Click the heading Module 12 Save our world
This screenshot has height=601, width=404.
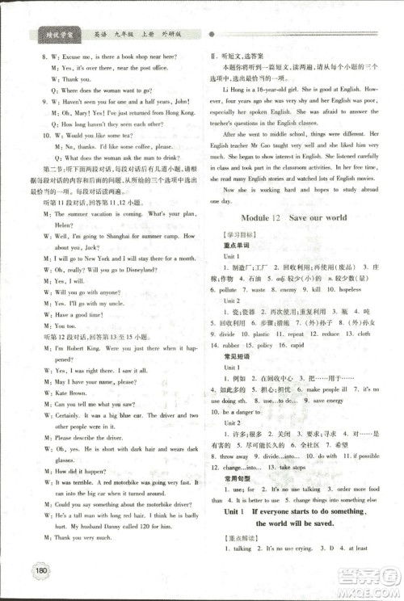coord(293,218)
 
